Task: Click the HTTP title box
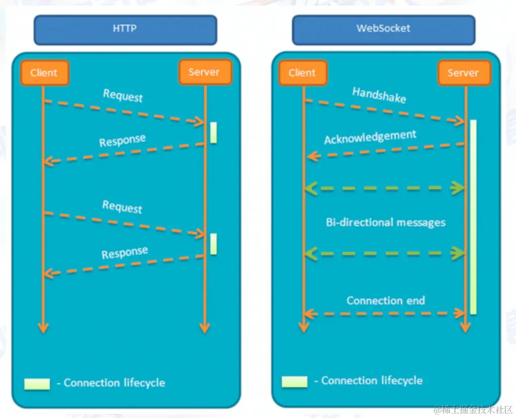tap(125, 29)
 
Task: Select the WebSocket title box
tap(383, 29)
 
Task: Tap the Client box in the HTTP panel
tap(44, 73)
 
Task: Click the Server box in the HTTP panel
tap(204, 72)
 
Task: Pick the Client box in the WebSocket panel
tap(302, 73)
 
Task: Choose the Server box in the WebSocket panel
tap(463, 73)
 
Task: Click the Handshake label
tap(379, 95)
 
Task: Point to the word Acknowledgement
tap(370, 137)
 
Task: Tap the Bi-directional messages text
tap(386, 222)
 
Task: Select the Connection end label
tap(386, 301)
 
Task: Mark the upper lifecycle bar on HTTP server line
tap(213, 132)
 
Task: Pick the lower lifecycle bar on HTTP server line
tap(213, 244)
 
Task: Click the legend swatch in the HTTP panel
tap(37, 384)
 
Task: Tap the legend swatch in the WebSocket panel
tap(294, 381)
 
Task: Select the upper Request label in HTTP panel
tap(122, 95)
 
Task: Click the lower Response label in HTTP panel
tap(125, 253)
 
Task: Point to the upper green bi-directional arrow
tap(385, 188)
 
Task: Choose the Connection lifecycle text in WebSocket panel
tap(372, 381)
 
